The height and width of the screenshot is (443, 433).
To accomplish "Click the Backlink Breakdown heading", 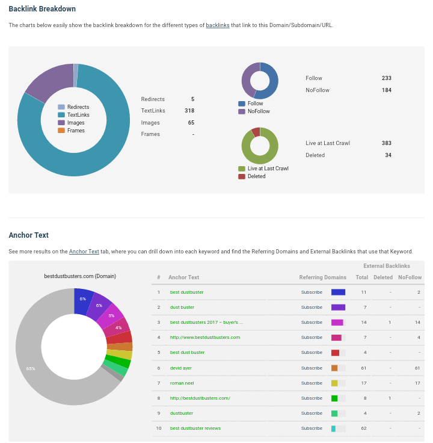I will click(x=42, y=9).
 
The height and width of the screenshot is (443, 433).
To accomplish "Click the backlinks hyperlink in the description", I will click(x=218, y=25).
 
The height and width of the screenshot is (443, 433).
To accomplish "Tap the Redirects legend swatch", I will click(x=61, y=107).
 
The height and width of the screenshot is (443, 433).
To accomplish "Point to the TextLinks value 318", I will click(x=189, y=111).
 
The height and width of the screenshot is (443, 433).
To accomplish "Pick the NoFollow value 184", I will click(x=386, y=90).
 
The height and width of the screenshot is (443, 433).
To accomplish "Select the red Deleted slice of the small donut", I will click(x=256, y=132).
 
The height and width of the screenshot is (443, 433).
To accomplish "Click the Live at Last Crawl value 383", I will click(x=386, y=143).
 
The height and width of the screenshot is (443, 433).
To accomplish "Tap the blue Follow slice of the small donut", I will click(x=271, y=81).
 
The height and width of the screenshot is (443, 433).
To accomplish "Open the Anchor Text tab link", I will click(x=84, y=251).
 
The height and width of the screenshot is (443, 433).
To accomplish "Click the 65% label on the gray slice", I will click(x=31, y=368).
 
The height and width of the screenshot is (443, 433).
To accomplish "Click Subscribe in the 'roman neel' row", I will click(x=312, y=383).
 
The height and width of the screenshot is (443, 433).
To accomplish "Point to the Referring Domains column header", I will click(x=322, y=277).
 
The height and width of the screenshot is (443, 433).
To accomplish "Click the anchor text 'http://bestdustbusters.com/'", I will click(x=200, y=398).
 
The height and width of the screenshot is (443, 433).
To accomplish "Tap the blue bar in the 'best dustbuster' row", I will click(x=338, y=292).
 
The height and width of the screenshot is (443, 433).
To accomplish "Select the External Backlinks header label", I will click(x=386, y=265).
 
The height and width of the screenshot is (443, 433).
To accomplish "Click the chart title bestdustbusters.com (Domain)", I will click(x=80, y=276).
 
